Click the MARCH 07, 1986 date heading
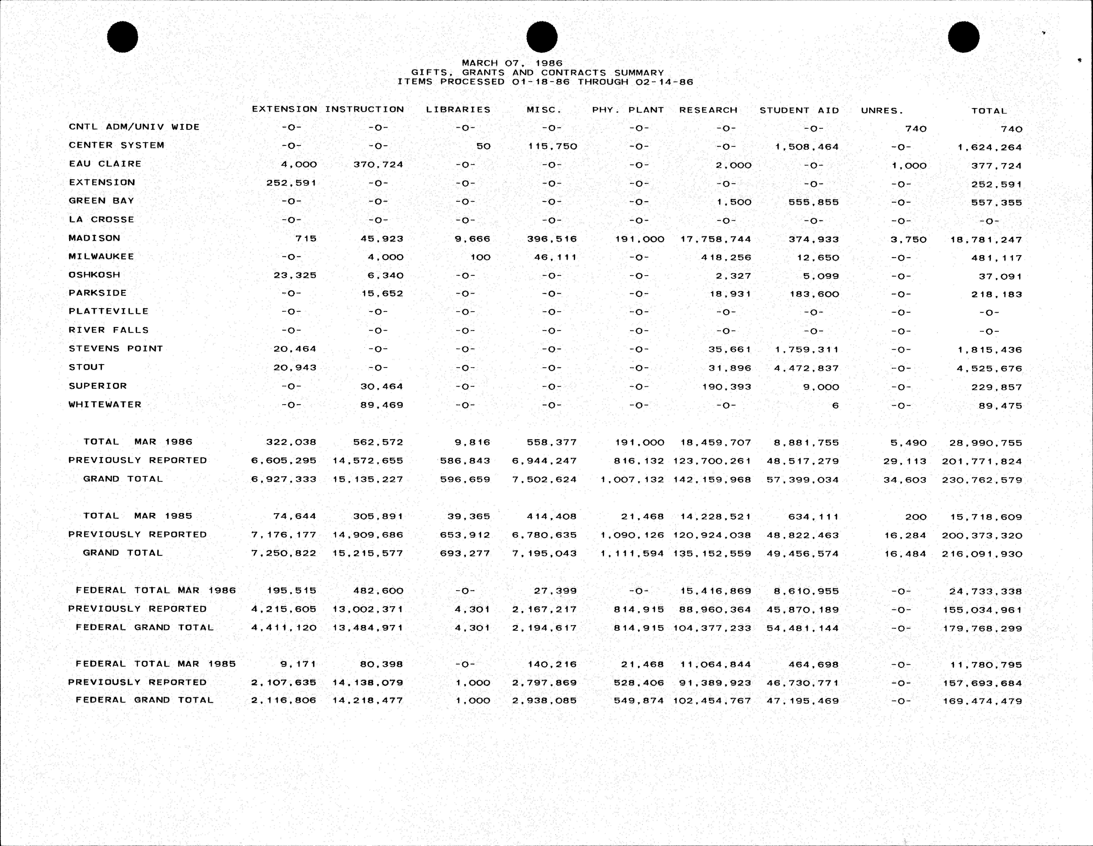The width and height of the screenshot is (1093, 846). click(512, 63)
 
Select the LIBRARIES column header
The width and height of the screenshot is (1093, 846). click(458, 110)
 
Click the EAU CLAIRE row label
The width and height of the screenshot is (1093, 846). click(105, 164)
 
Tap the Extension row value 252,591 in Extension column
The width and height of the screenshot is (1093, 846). click(291, 183)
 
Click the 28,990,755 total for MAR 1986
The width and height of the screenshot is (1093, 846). click(985, 443)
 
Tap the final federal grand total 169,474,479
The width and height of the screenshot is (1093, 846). click(982, 701)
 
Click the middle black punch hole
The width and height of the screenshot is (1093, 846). click(542, 37)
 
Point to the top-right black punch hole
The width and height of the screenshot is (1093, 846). click(963, 37)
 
